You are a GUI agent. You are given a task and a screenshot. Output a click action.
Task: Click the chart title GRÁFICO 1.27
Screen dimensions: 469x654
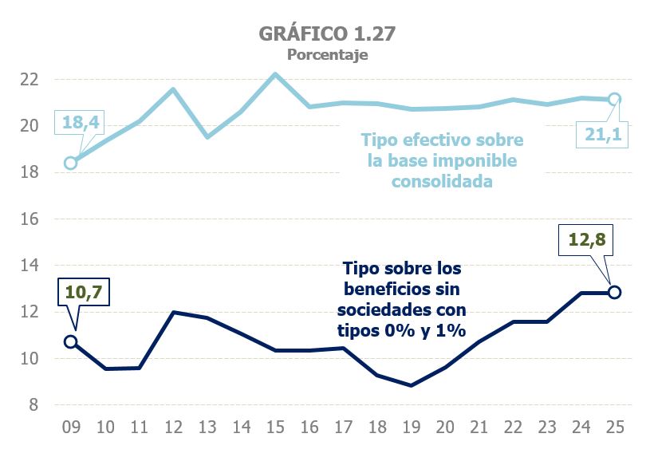(326, 33)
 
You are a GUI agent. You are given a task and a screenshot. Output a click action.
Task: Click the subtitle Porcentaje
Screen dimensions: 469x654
(326, 55)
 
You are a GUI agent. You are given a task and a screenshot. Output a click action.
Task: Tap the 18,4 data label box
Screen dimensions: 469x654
(77, 123)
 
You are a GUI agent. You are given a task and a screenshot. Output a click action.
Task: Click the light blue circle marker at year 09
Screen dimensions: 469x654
(70, 163)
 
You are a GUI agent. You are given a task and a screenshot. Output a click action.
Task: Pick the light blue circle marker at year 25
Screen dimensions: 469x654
(614, 100)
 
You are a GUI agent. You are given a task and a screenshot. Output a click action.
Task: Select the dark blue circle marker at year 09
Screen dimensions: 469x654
(70, 341)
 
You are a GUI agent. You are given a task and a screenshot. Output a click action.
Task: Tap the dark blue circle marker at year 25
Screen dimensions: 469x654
(614, 292)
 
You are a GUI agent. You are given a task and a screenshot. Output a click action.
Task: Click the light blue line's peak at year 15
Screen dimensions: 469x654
(274, 74)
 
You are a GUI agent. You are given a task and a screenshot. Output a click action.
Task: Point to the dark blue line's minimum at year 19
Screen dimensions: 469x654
(411, 385)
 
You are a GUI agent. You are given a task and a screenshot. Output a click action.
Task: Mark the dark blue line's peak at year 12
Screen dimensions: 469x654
(173, 312)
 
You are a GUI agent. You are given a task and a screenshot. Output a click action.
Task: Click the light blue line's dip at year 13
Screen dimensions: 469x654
(207, 136)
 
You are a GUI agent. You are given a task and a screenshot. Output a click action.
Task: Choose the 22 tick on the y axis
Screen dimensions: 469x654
(30, 79)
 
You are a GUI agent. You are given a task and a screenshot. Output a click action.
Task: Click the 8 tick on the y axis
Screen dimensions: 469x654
(34, 404)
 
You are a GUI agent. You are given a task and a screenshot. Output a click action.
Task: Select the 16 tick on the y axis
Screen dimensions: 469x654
(30, 219)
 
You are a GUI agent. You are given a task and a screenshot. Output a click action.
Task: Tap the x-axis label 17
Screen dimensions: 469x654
(342, 428)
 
